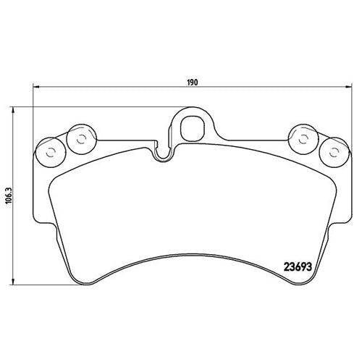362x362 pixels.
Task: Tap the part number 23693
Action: pos(299,264)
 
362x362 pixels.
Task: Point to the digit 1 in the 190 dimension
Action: pos(188,83)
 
